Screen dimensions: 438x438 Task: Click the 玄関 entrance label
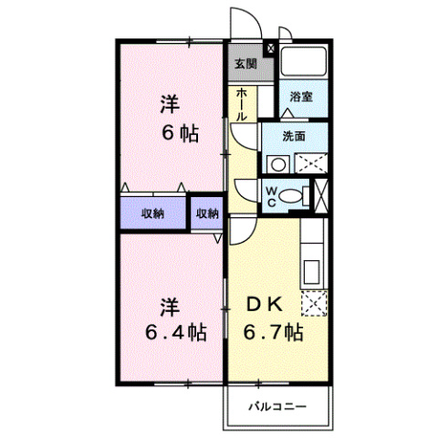244,64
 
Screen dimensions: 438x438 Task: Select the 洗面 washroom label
293,137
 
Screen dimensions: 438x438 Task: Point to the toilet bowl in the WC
291,193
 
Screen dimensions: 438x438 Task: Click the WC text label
271,194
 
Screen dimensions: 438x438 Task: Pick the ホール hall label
240,106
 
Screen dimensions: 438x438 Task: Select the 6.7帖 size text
271,333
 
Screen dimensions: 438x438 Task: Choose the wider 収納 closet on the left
152,214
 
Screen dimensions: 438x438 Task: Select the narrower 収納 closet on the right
207,214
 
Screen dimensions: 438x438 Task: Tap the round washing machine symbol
276,164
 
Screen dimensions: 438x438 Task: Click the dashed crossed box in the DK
313,303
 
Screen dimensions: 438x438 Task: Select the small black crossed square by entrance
269,48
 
